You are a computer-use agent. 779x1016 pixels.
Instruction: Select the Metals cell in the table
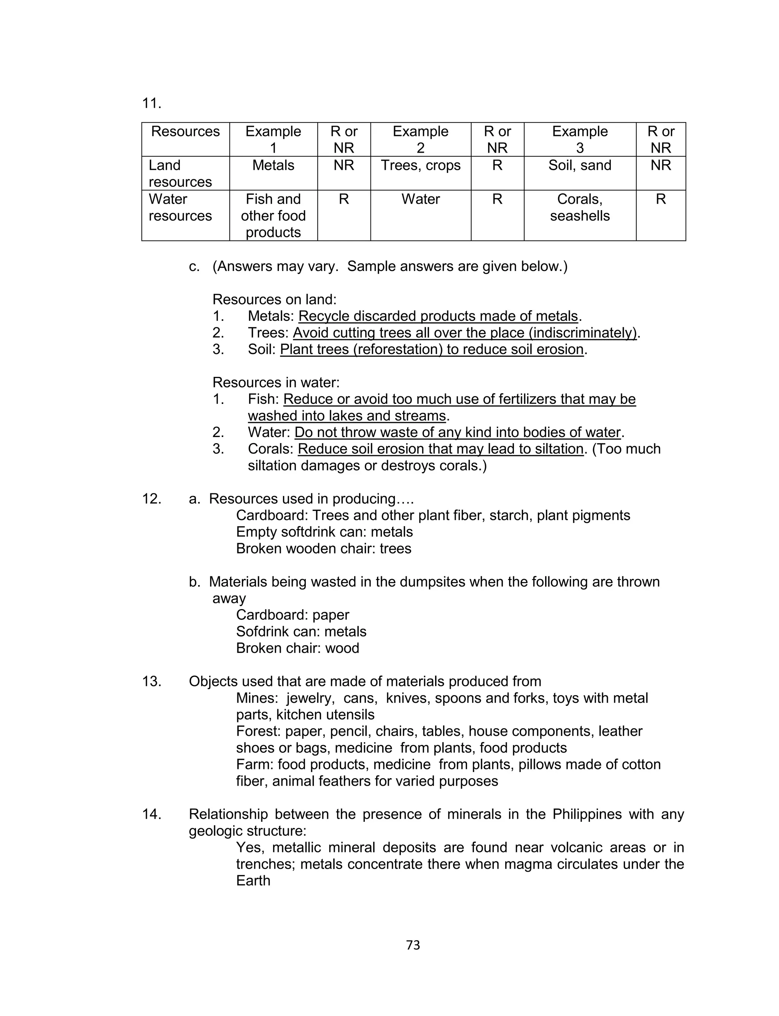pyautogui.click(x=273, y=166)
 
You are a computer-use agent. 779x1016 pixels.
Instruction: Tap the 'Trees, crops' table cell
pyautogui.click(x=421, y=166)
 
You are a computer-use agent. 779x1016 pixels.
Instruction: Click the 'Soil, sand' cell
pyautogui.click(x=580, y=166)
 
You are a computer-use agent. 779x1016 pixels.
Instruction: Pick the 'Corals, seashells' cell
pyautogui.click(x=580, y=207)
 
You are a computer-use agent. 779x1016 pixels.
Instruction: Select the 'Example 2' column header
pyautogui.click(x=421, y=139)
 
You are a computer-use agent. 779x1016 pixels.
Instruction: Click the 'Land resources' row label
pyautogui.click(x=180, y=173)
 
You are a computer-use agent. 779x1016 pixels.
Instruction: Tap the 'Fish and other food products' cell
pyautogui.click(x=273, y=215)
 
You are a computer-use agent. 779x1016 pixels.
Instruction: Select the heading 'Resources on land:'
pyautogui.click(x=275, y=299)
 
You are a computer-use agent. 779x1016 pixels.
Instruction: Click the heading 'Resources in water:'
pyautogui.click(x=276, y=382)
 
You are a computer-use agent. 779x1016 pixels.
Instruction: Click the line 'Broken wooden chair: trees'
pyautogui.click(x=324, y=549)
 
